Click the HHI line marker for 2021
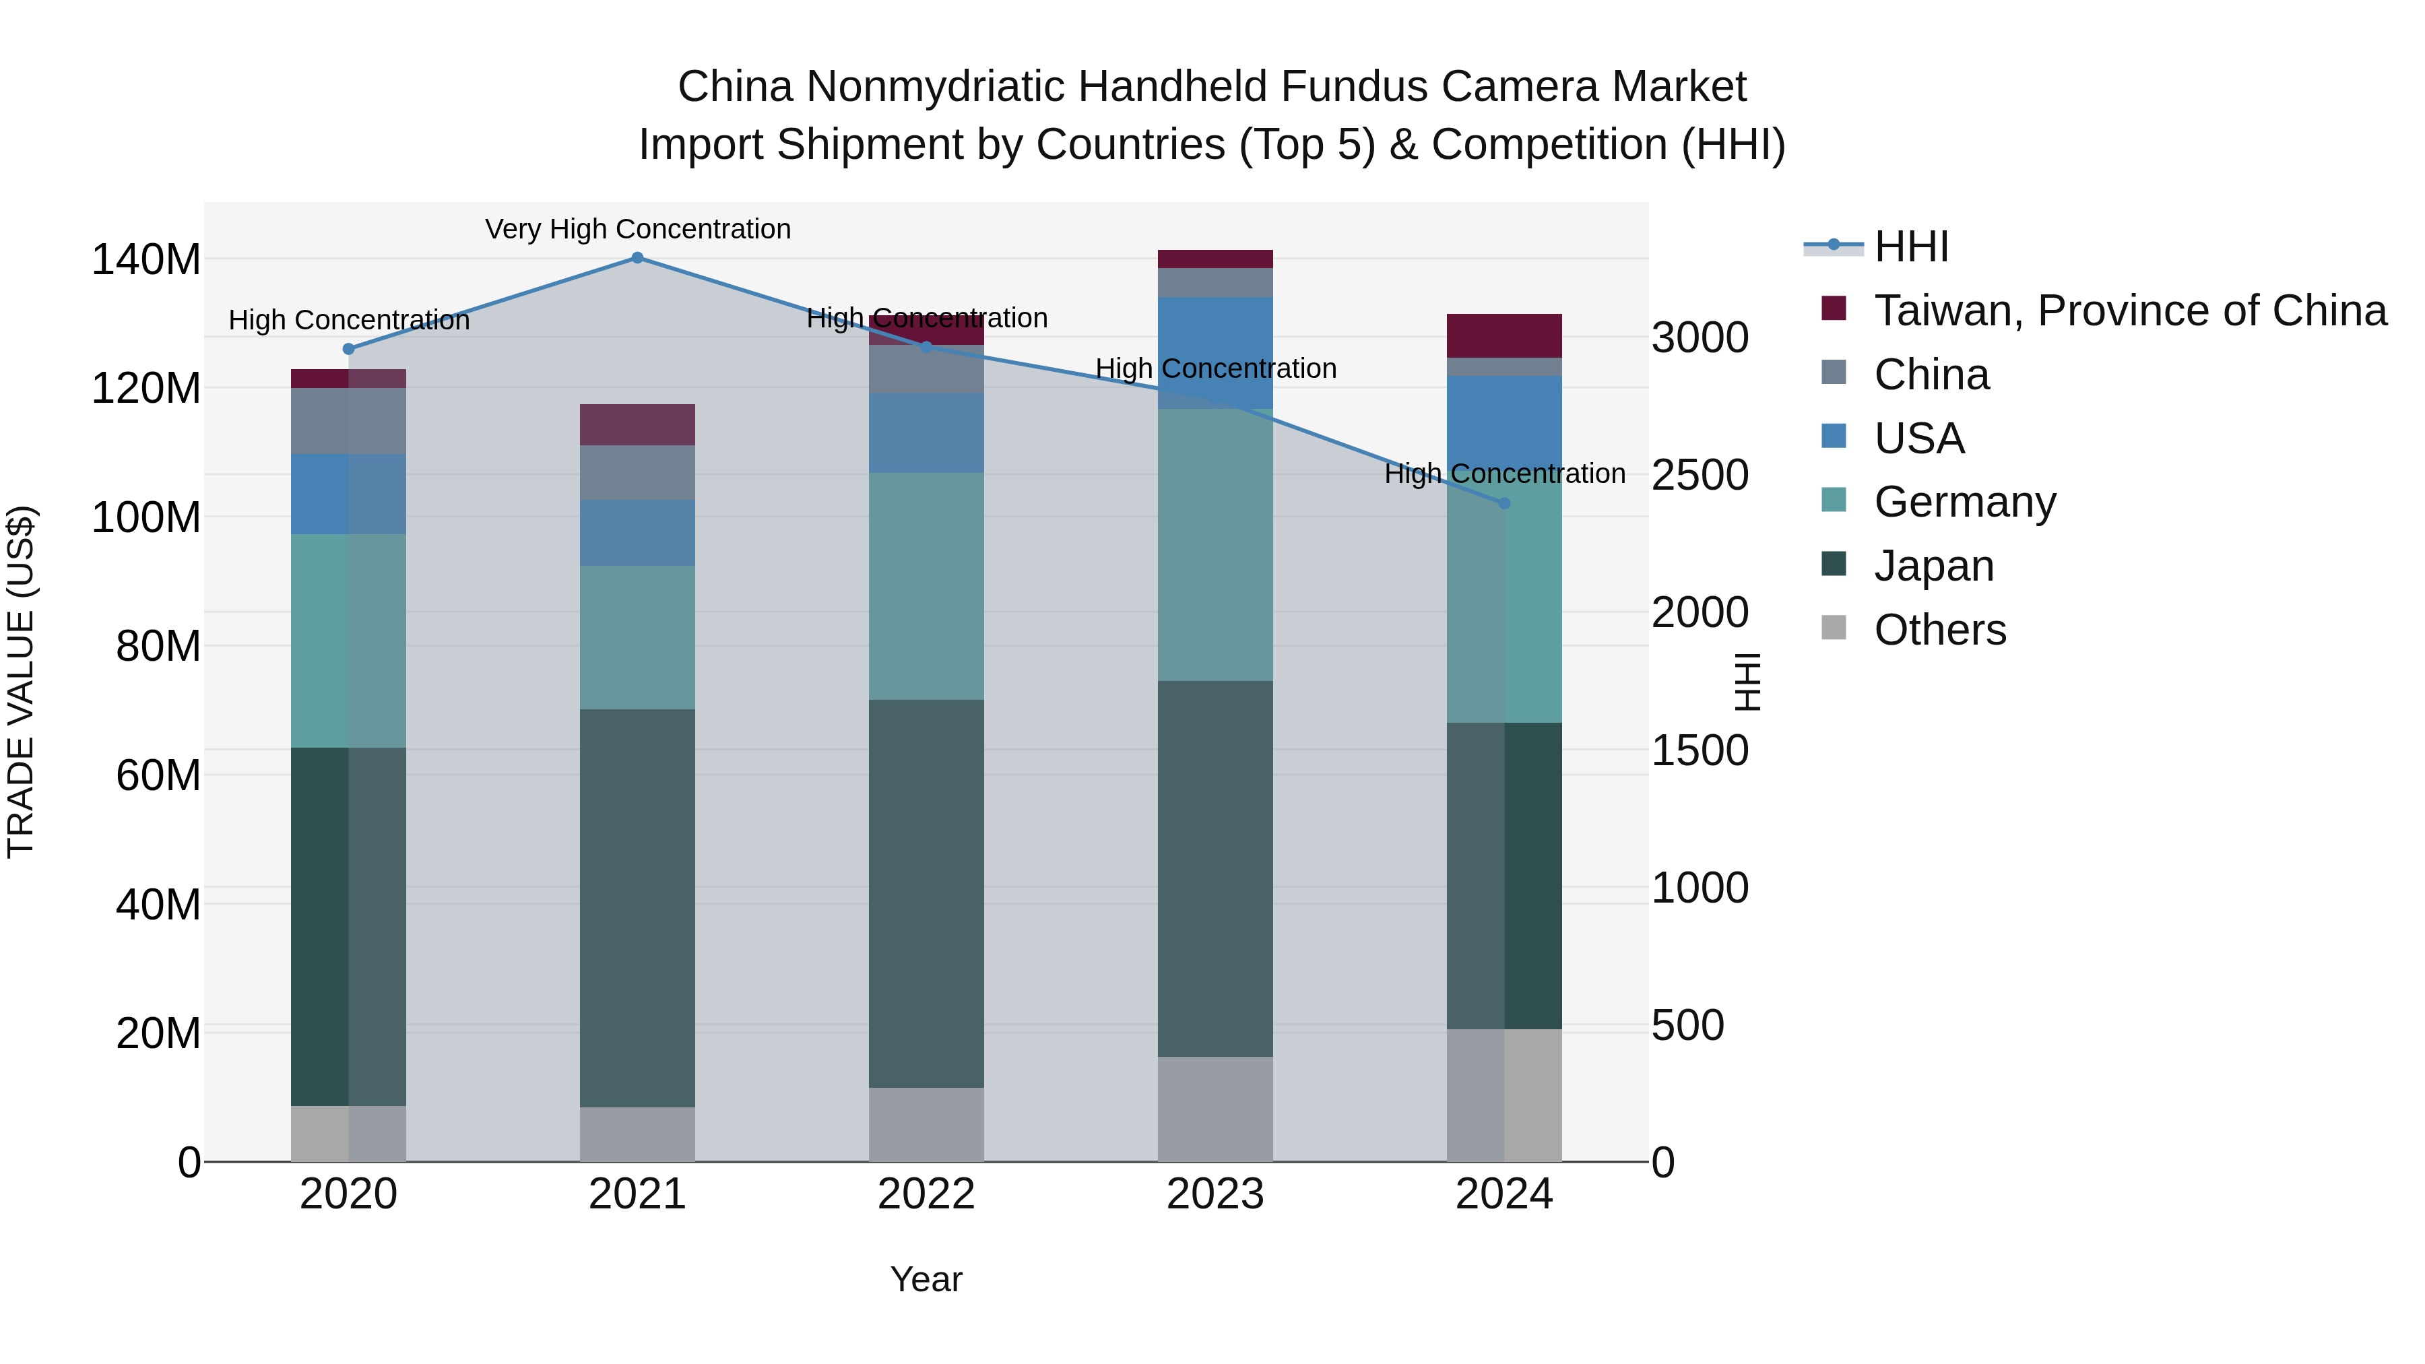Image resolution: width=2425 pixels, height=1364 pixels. pyautogui.click(x=637, y=258)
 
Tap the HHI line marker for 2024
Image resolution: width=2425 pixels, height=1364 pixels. pyautogui.click(x=1503, y=504)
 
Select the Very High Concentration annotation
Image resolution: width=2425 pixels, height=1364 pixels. pyautogui.click(x=637, y=229)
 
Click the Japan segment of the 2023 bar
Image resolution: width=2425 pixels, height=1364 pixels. pyautogui.click(x=1215, y=868)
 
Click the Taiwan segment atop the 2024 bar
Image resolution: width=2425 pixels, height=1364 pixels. pyautogui.click(x=1503, y=335)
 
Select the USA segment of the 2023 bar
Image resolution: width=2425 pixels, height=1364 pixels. pyautogui.click(x=1215, y=352)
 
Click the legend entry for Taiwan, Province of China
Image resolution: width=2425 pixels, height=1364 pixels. pyautogui.click(x=2129, y=311)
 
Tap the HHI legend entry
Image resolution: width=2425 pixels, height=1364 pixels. pyautogui.click(x=1910, y=247)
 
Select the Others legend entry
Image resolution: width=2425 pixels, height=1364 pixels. pyautogui.click(x=1939, y=630)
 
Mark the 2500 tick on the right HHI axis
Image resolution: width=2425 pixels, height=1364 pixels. pyautogui.click(x=1700, y=476)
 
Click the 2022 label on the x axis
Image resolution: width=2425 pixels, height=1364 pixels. pyautogui.click(x=926, y=1194)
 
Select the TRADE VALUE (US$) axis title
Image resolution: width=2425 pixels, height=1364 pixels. pyautogui.click(x=21, y=682)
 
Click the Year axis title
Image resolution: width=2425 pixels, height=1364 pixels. pyautogui.click(x=926, y=1279)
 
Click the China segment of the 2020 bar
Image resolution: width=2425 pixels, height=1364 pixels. pyautogui.click(x=348, y=421)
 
